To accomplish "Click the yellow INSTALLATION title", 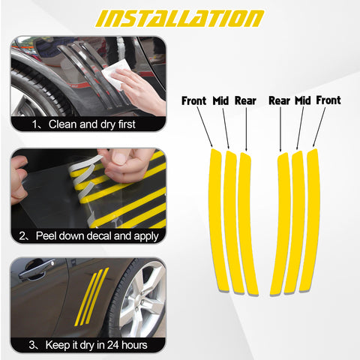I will (180, 18).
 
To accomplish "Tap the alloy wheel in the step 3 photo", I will (139, 301).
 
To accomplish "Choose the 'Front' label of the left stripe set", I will (195, 100).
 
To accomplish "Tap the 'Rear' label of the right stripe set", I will (280, 100).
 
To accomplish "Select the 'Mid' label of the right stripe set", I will (302, 100).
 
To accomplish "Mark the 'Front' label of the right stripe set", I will (328, 100).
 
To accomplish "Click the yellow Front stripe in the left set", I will (217, 217).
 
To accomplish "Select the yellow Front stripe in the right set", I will (310, 217).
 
